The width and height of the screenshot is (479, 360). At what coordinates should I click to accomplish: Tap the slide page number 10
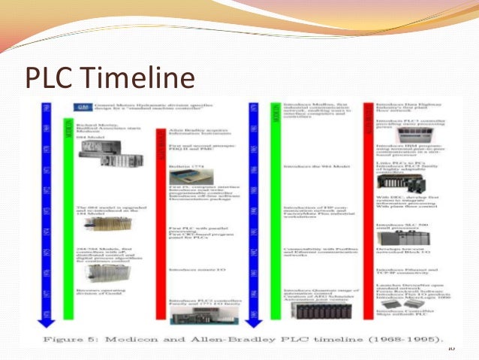(x=450, y=347)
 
